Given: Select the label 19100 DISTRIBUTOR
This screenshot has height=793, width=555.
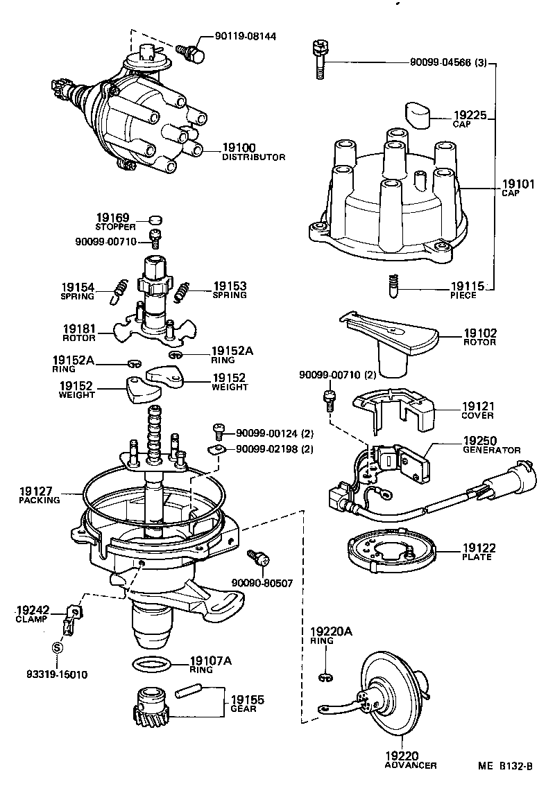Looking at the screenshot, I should (253, 152).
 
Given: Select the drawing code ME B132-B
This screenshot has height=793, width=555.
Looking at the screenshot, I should (504, 766).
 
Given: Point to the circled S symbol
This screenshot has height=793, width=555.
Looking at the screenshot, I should (58, 647).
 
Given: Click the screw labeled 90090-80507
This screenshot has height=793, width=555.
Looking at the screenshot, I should (259, 559).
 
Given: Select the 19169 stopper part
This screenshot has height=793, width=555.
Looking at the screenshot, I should (157, 220).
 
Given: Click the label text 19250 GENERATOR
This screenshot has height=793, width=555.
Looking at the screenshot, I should (490, 446).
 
